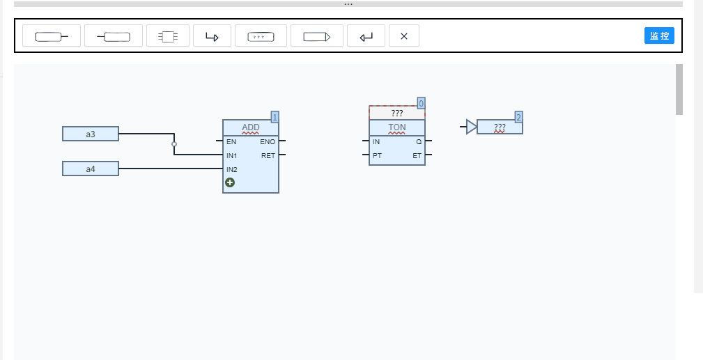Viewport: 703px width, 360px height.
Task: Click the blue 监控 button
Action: [659, 36]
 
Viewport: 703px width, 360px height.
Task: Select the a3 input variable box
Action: [91, 134]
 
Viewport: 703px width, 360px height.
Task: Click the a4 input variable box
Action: [91, 169]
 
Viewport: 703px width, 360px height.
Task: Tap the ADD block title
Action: [251, 127]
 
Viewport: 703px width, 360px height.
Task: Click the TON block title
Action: [396, 127]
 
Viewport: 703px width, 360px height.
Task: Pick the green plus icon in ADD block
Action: [230, 182]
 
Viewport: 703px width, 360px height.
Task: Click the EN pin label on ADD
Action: [231, 141]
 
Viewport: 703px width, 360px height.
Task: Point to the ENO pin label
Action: [268, 141]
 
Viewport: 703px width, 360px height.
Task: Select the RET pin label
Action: [268, 155]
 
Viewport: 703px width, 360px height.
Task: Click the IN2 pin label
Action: [232, 169]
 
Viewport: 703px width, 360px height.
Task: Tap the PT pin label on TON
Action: [377, 155]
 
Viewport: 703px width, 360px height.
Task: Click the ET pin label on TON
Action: [417, 155]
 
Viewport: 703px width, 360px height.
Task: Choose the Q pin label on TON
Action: [419, 141]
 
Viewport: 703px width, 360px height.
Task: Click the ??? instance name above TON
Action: [396, 113]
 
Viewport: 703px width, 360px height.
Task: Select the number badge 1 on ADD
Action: [275, 117]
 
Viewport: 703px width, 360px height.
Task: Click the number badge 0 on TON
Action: [421, 103]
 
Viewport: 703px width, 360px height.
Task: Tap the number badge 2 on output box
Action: [519, 117]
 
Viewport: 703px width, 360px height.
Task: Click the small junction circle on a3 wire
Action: [174, 144]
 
